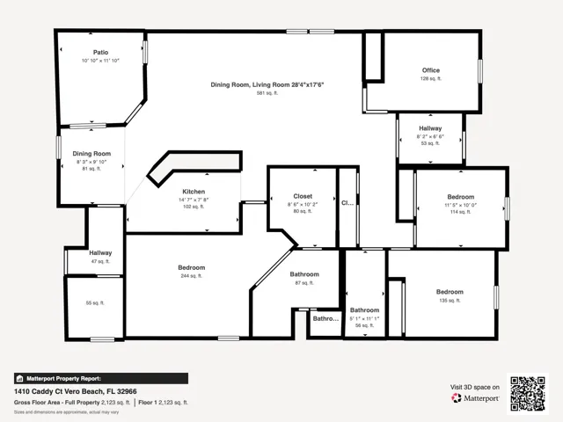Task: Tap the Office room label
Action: point(430,70)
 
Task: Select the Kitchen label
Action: point(194,192)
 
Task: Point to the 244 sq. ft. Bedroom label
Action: point(192,267)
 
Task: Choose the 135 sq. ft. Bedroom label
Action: point(450,292)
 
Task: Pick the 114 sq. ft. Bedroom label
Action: point(460,197)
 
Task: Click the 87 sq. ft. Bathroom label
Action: point(304,274)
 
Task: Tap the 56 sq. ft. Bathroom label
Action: point(364,310)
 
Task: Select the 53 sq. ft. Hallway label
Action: point(430,129)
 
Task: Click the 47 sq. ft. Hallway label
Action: point(99,253)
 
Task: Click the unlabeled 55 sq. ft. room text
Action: point(95,302)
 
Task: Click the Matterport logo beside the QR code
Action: point(475,398)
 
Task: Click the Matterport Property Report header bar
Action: point(100,378)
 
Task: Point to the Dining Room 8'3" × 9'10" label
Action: point(91,154)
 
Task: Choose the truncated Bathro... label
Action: point(326,318)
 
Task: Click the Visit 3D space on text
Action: point(475,387)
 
